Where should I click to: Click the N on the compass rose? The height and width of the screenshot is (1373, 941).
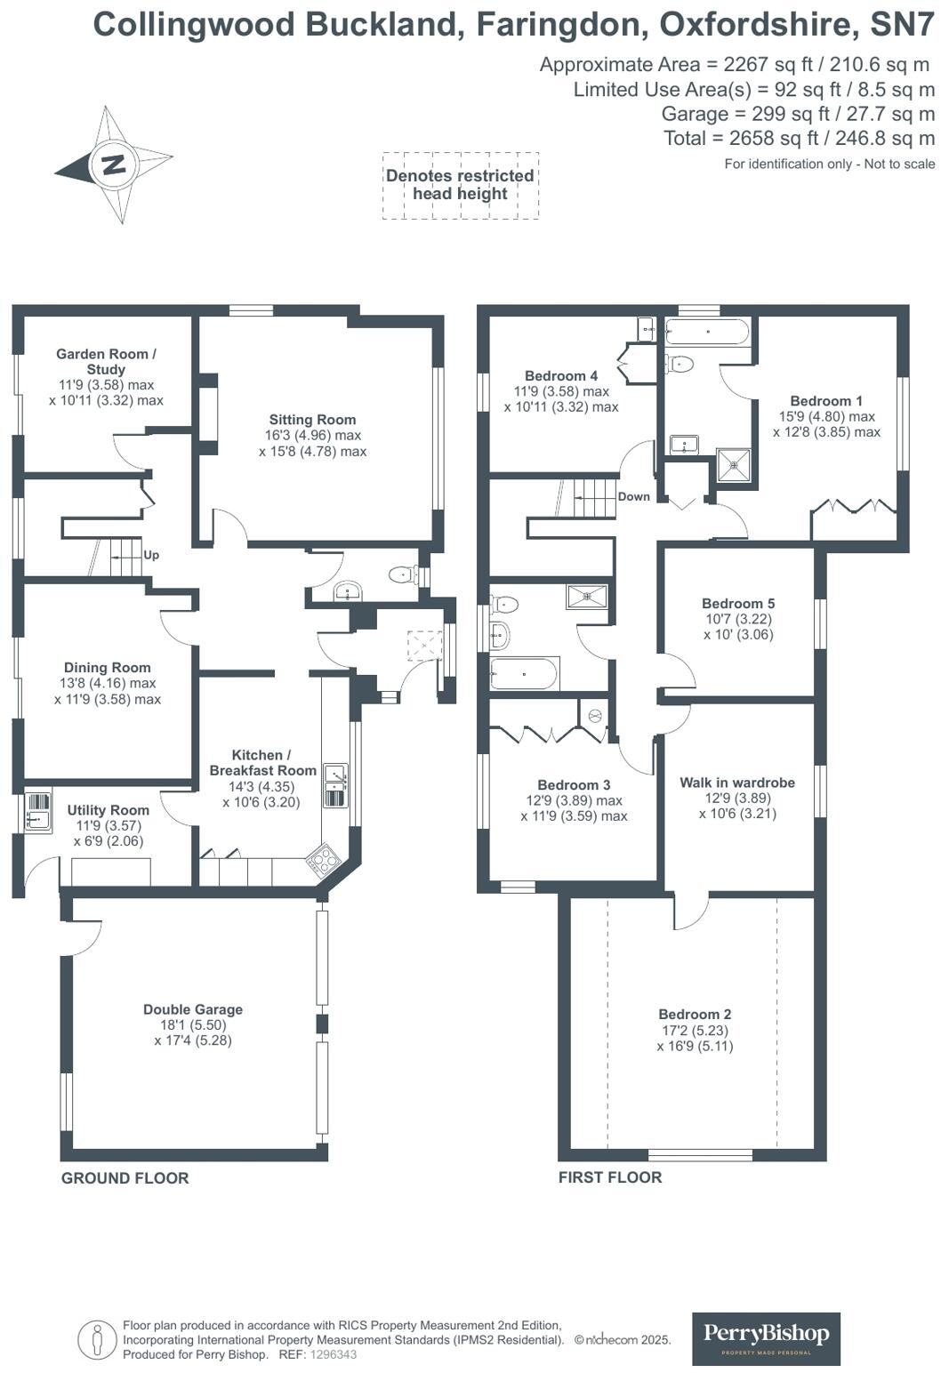(x=114, y=165)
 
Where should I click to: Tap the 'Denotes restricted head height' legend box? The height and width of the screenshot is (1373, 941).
(x=460, y=185)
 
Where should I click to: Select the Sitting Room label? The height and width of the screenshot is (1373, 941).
(x=312, y=420)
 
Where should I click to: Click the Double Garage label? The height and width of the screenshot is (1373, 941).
(x=193, y=1009)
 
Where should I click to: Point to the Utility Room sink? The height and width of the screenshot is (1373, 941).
(x=37, y=811)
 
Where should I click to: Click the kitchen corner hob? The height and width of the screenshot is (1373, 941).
(x=323, y=860)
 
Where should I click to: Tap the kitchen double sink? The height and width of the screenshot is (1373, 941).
(x=335, y=785)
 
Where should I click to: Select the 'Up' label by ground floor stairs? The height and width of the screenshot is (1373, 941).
(x=151, y=555)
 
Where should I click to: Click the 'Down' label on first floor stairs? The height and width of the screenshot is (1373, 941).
(x=634, y=496)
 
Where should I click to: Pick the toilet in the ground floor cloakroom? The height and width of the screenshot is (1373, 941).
(x=404, y=575)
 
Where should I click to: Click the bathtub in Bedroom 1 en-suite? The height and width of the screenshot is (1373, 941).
(x=707, y=333)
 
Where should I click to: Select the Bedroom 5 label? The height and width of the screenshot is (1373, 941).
(x=738, y=603)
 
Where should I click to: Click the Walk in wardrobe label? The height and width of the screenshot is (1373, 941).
(x=737, y=783)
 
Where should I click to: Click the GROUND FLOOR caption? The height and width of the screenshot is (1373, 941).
(x=125, y=1178)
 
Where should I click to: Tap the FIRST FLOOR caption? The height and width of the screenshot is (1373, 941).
(x=610, y=1177)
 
